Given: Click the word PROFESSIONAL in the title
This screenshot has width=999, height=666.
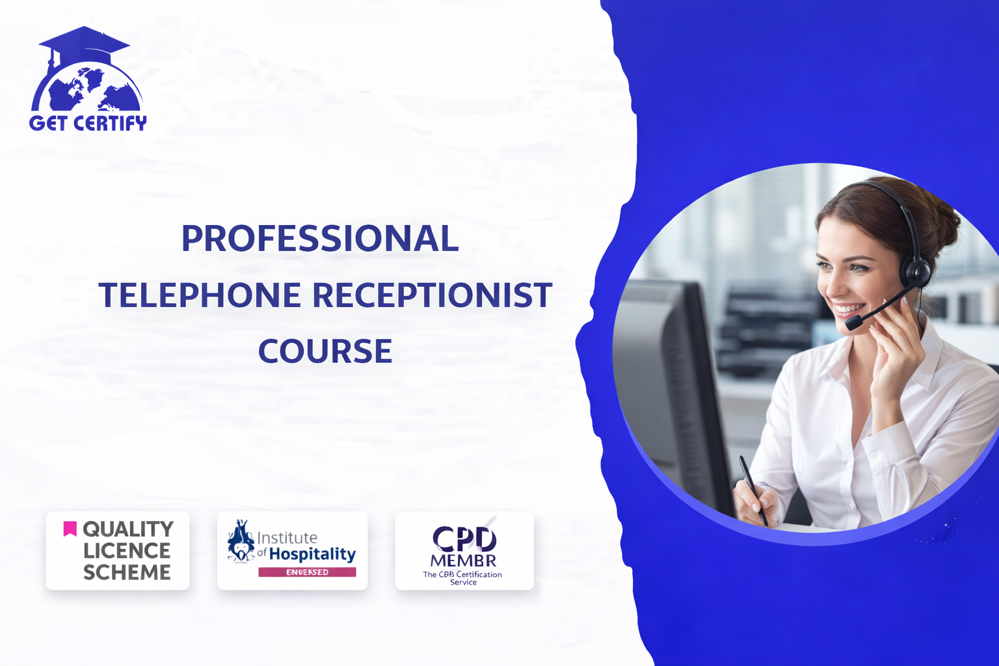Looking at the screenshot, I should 320,239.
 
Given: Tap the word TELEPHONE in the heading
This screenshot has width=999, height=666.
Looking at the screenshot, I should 200,295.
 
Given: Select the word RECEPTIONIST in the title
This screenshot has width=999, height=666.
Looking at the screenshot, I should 433,295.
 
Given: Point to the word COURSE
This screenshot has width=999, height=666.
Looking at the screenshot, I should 325,351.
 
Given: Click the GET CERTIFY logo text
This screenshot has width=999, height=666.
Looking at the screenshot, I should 88,123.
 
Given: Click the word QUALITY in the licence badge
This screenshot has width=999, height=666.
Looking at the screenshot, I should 128,529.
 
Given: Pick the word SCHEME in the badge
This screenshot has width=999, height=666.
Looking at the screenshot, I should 127,572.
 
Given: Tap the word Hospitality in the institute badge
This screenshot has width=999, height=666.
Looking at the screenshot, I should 312,554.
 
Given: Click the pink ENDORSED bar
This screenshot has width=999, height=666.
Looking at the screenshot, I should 307,572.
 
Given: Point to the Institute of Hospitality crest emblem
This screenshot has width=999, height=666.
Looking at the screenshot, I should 241,541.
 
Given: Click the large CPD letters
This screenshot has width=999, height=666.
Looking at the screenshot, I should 464,539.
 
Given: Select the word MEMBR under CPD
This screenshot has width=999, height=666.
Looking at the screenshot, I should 463,561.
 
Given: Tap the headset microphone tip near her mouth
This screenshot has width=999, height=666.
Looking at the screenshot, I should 853,322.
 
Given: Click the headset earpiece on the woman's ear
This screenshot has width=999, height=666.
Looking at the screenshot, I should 918,270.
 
